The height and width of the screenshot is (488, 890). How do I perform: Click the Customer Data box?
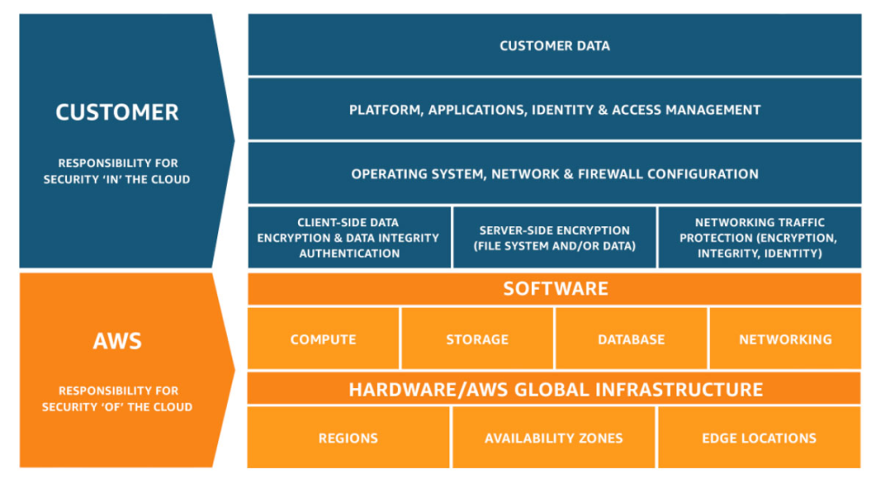point(555,45)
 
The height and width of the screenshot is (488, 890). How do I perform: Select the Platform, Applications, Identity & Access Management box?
point(555,110)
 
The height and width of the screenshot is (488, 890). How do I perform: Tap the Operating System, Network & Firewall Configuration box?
point(555,174)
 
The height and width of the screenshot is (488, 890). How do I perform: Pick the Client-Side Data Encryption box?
point(349,237)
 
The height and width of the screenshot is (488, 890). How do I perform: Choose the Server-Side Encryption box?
point(555,237)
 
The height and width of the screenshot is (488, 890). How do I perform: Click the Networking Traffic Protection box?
point(759,237)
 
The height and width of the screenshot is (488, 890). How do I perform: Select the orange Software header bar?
point(555,289)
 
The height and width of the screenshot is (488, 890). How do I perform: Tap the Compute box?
point(323,339)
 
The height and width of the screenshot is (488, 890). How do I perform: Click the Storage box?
point(477,339)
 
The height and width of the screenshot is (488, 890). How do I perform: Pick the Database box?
point(631,339)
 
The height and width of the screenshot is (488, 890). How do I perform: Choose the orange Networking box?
point(785,339)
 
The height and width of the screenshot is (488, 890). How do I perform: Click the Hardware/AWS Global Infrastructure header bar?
point(555,389)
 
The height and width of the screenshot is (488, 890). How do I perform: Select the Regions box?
point(349,438)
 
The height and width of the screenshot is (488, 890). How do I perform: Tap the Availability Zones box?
point(554,438)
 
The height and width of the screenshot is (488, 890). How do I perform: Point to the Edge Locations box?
point(759,438)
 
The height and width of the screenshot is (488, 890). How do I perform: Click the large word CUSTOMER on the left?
point(117,112)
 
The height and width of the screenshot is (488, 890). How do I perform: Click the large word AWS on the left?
point(117,340)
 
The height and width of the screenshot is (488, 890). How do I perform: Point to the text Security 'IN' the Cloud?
point(117,179)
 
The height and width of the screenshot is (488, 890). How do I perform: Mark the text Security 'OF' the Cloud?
point(117,407)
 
